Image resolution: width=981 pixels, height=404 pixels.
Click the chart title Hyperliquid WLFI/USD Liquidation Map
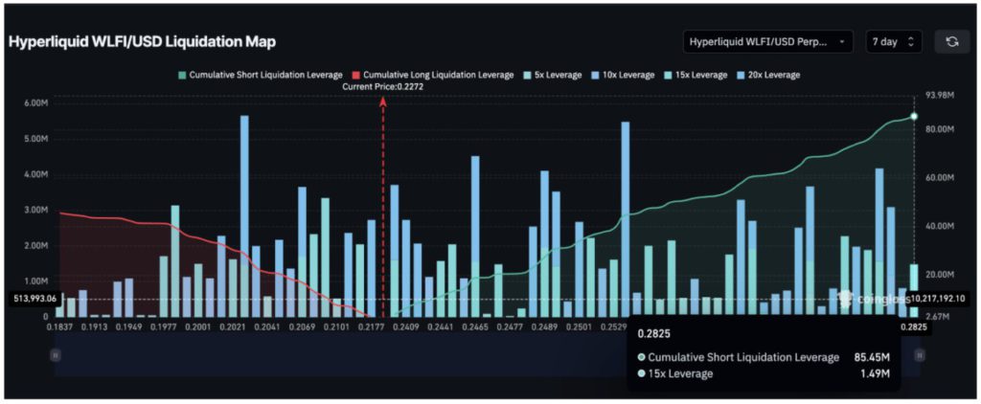(x=142, y=43)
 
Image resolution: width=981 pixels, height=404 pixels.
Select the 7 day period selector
(x=894, y=42)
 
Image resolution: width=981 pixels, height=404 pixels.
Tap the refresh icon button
(x=951, y=42)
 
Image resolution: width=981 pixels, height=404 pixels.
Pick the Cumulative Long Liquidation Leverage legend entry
(x=432, y=74)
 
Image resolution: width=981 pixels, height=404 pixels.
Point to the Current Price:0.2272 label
(x=383, y=87)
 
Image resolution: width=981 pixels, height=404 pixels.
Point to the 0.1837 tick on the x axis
(x=60, y=327)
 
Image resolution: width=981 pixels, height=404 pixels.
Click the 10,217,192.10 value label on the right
(x=940, y=299)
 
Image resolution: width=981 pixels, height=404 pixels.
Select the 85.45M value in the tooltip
(x=874, y=357)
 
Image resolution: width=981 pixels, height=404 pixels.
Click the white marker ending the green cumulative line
(x=914, y=116)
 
